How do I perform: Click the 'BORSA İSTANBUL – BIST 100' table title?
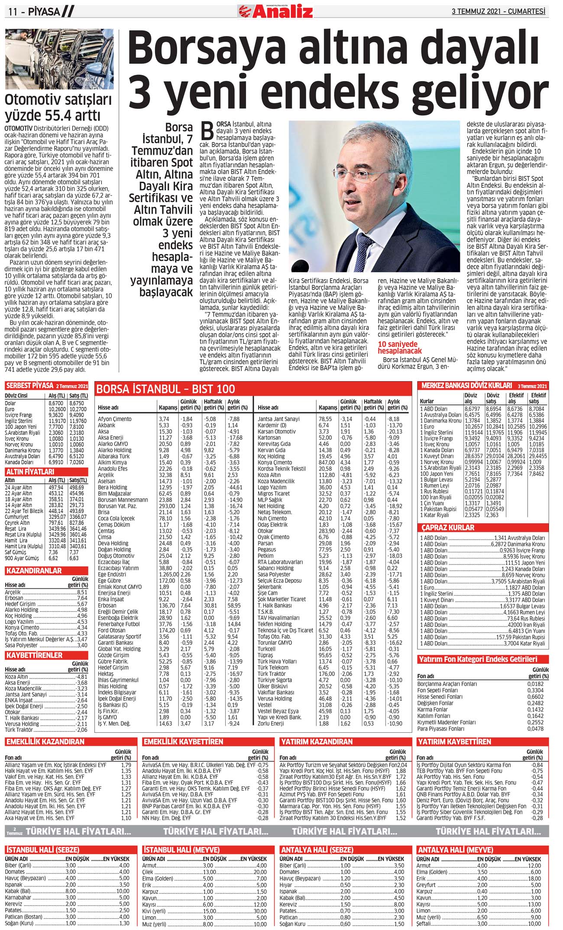(x=166, y=388)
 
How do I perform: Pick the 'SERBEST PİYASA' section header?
(x=29, y=385)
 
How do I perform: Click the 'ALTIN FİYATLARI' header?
(x=30, y=471)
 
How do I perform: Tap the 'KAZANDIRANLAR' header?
(x=33, y=571)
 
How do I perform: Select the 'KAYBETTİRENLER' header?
(x=34, y=655)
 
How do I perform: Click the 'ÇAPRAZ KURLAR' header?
(x=448, y=528)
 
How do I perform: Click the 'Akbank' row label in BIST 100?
(x=107, y=425)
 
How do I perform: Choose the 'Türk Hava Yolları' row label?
(x=277, y=662)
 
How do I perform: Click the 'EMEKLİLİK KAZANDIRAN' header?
(x=45, y=742)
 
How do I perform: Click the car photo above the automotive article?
(x=59, y=59)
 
